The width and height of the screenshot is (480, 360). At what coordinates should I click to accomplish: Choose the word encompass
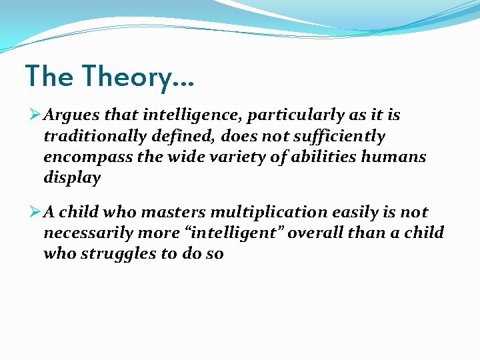[x=82, y=158]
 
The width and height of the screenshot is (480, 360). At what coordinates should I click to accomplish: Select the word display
[x=72, y=178]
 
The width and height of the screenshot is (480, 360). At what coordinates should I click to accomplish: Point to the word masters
[x=177, y=213]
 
